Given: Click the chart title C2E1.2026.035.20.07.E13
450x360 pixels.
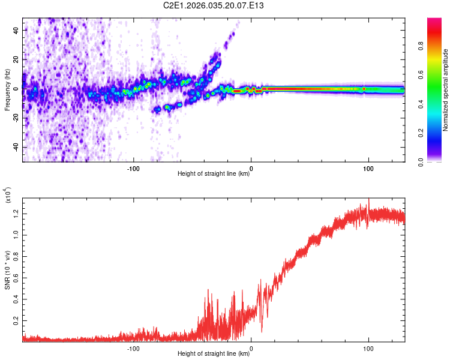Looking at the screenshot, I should (214, 5).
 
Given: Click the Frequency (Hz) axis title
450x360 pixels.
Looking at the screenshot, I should (7, 89).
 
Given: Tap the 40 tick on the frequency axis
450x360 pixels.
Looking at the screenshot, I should (16, 29).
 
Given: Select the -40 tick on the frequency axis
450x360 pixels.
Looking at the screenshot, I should (15, 147).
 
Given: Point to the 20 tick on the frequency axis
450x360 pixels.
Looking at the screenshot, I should (16, 59).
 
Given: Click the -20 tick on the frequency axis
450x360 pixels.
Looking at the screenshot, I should (15, 118).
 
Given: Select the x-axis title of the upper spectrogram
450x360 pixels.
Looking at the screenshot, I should (214, 174).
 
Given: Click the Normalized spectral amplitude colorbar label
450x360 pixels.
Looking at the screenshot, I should (445, 90).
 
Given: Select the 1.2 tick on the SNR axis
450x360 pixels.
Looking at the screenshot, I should (15, 212).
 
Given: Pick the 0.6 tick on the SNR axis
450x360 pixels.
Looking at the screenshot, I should (15, 278).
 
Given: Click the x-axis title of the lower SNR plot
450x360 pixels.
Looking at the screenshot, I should (214, 354).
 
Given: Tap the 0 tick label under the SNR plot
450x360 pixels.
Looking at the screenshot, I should (251, 347).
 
